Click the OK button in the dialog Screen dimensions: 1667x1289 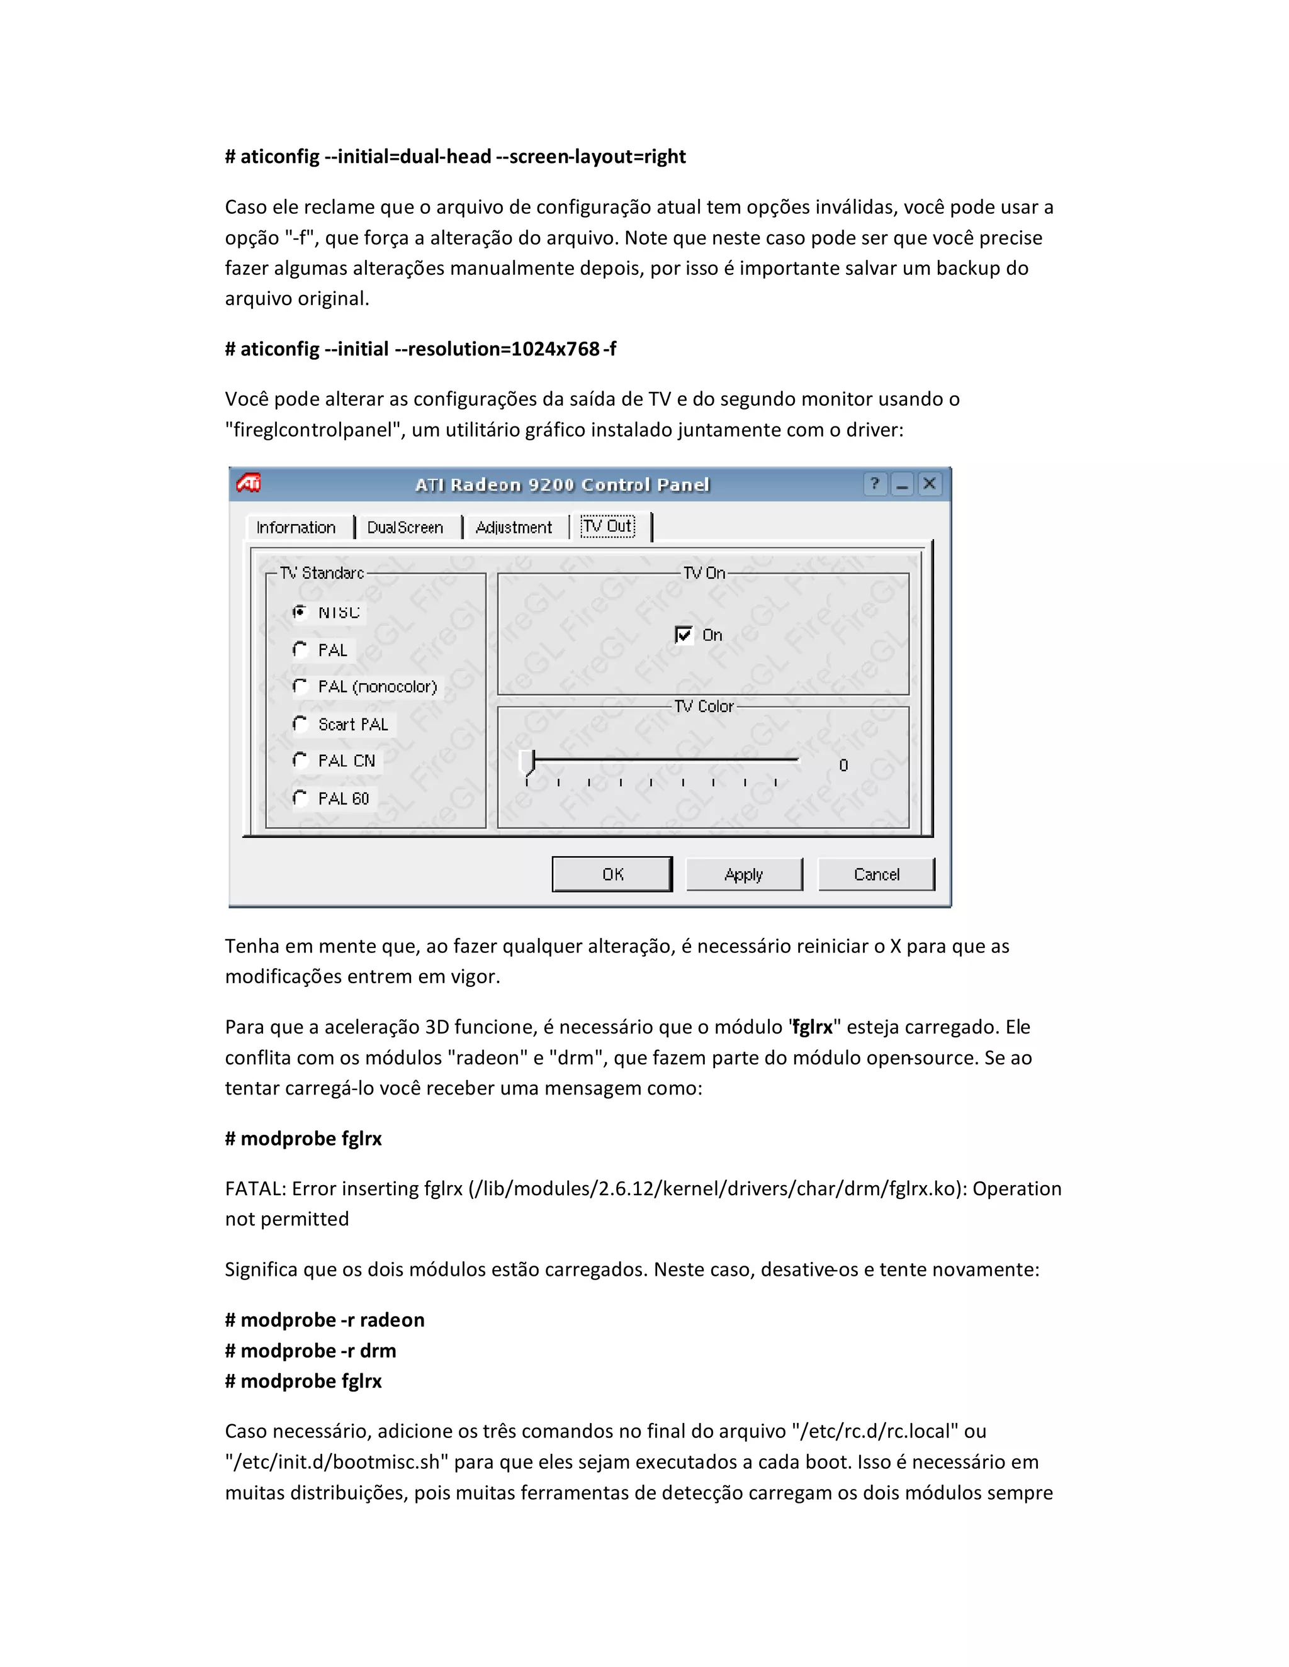[612, 874]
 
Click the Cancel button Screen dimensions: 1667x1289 [876, 874]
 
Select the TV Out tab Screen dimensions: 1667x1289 [608, 526]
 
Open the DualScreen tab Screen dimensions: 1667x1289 [405, 527]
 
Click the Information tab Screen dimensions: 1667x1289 [296, 527]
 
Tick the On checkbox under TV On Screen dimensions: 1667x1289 [684, 634]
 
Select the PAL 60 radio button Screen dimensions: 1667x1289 [300, 798]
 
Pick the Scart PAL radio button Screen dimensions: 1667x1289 [300, 723]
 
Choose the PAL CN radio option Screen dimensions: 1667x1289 [300, 761]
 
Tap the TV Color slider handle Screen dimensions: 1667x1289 [527, 762]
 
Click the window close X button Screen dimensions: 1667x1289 [930, 484]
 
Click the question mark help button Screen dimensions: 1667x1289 [875, 484]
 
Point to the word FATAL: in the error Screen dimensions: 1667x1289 [255, 1188]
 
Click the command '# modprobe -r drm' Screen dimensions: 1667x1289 [310, 1350]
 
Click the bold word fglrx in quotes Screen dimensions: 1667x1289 [813, 1027]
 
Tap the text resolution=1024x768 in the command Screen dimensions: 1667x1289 [504, 349]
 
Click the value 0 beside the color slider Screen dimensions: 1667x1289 [843, 765]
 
